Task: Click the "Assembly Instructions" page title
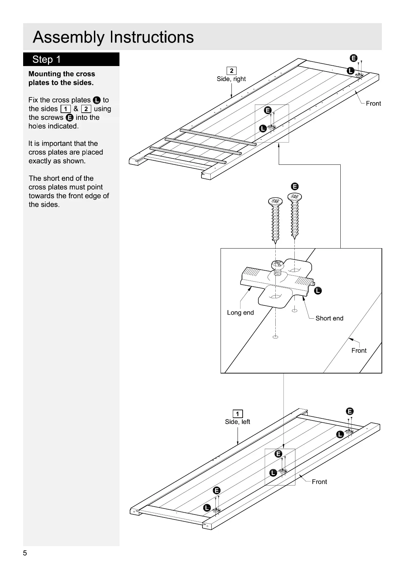(x=113, y=37)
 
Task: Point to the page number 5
(x=25, y=553)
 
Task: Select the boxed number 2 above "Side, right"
(x=231, y=71)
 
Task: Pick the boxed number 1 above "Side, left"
(x=237, y=414)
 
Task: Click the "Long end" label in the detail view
(x=240, y=313)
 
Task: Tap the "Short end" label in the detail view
(x=329, y=318)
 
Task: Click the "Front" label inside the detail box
(x=359, y=351)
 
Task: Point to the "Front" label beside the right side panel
(x=373, y=104)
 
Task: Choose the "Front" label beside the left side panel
(x=319, y=482)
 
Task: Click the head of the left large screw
(x=275, y=201)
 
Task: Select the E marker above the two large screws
(x=295, y=186)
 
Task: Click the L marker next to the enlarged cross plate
(x=318, y=290)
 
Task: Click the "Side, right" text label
(x=231, y=79)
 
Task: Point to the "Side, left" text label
(x=237, y=422)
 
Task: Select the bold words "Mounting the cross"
(x=62, y=74)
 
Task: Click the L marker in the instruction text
(x=97, y=100)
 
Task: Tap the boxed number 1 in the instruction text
(x=65, y=109)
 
